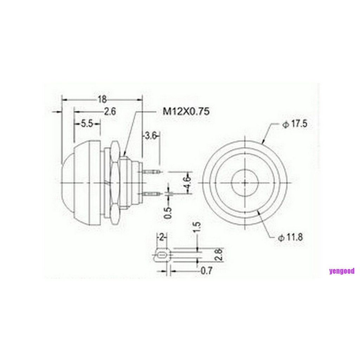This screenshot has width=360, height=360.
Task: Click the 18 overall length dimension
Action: (x=102, y=99)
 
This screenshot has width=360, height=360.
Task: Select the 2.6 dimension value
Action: (x=110, y=111)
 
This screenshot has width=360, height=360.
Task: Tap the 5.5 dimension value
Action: (x=86, y=123)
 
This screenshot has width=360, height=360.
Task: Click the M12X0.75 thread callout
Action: (x=186, y=111)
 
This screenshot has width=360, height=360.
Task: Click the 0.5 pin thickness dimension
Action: (x=168, y=213)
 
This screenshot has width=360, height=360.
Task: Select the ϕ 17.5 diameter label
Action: (x=294, y=124)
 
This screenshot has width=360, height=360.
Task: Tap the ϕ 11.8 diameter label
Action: (x=290, y=237)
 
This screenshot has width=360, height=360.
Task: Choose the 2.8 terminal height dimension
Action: (x=218, y=254)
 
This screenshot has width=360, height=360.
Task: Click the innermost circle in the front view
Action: (x=245, y=182)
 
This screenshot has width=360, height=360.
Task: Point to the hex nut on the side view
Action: (x=115, y=183)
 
